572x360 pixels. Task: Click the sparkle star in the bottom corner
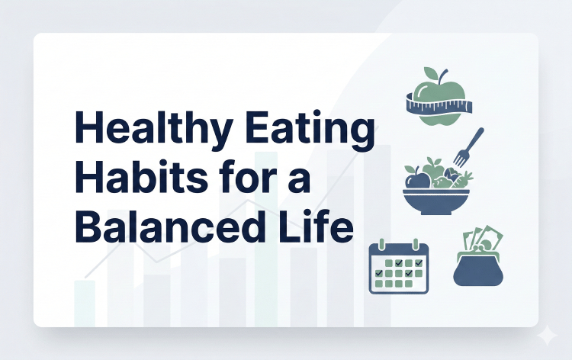pyautogui.click(x=546, y=336)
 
